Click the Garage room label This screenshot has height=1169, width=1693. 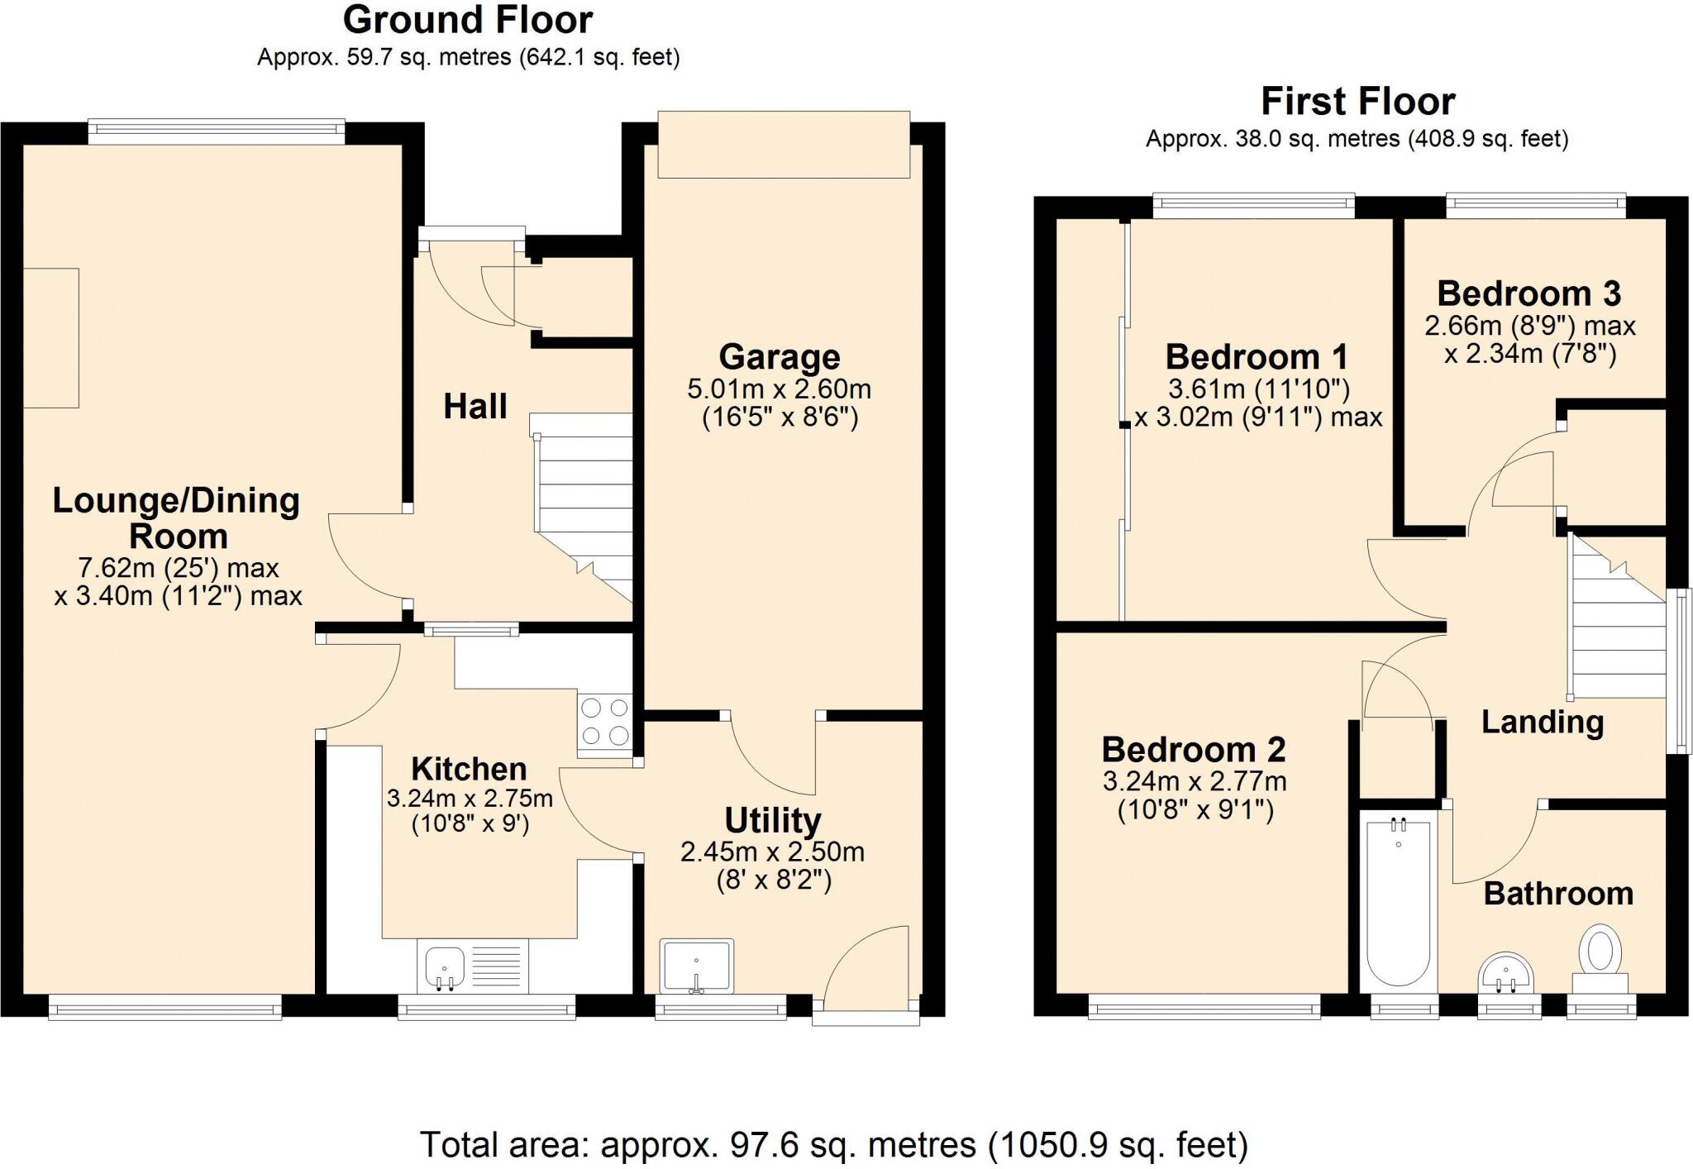coord(779,357)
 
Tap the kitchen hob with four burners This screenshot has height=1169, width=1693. coord(605,722)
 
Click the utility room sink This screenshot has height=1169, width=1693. coord(696,965)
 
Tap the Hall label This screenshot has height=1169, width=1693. coord(475,407)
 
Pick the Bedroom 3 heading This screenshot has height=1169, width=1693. coord(1528,293)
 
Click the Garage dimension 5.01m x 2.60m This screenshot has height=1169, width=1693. coord(779,389)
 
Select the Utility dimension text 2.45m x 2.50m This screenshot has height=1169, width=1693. coord(772,852)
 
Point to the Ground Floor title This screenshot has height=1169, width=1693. coord(468,20)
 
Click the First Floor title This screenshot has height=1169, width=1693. coord(1357,102)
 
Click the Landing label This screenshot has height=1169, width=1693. coord(1542,722)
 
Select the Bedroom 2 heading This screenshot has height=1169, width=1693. coord(1194,750)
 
